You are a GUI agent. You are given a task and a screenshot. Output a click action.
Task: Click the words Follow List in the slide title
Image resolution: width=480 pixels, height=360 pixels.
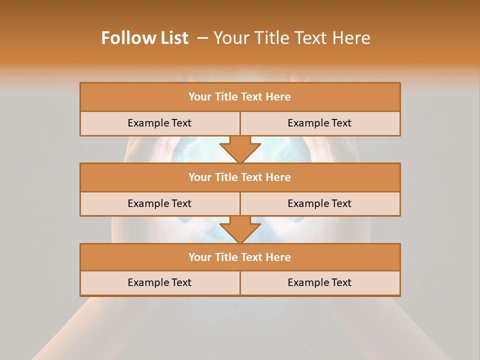(144, 38)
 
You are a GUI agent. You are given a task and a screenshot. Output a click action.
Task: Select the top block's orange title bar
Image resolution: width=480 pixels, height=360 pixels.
(240, 97)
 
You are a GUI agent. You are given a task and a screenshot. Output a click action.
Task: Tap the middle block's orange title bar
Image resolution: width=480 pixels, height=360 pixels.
(240, 177)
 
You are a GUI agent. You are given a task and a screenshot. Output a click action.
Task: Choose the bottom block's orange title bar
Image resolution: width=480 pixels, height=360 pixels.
(240, 257)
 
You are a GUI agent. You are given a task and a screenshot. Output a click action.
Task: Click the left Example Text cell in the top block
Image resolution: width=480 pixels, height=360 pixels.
(159, 123)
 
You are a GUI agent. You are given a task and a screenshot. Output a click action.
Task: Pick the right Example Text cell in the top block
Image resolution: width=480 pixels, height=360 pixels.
(319, 123)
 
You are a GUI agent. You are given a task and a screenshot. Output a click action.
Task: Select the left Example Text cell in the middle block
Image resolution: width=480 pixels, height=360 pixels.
(159, 203)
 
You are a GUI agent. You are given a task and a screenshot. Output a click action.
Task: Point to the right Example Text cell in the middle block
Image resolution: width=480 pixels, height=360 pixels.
(319, 203)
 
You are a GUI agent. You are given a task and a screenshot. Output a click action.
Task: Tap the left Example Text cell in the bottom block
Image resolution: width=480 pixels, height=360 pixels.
(159, 282)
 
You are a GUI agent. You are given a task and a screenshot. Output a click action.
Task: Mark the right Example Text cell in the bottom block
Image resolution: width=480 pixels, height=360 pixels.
(319, 282)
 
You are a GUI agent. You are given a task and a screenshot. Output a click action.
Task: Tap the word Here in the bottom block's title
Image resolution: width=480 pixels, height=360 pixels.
(278, 257)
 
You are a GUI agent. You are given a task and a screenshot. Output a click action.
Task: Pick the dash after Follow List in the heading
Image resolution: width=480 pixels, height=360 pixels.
(202, 38)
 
